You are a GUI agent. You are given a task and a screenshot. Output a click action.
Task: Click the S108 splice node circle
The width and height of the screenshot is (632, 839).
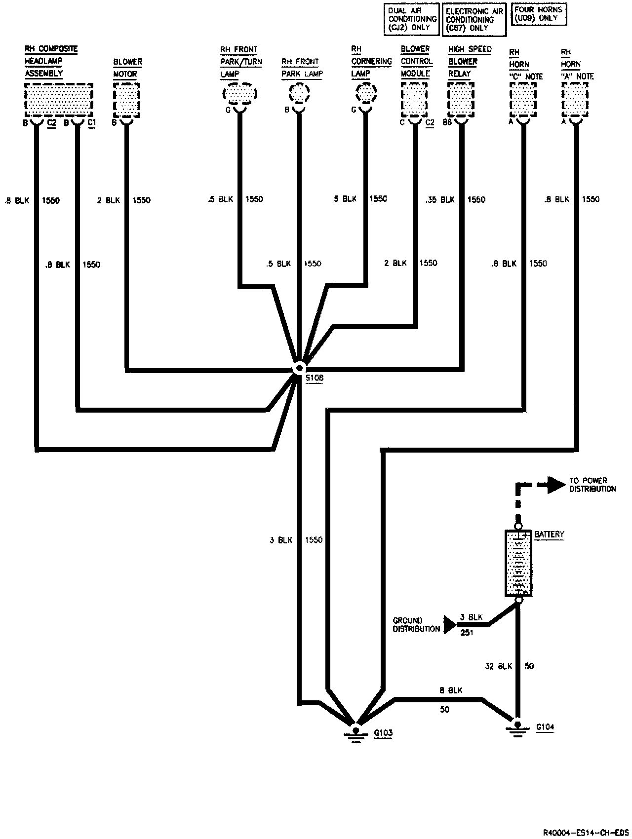point(299,369)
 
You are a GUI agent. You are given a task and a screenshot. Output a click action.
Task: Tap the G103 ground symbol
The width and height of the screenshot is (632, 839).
point(355,731)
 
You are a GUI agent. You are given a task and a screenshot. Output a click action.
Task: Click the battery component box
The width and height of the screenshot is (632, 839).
point(518,563)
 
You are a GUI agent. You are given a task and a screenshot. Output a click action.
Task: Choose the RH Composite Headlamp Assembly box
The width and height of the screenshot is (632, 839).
point(58,99)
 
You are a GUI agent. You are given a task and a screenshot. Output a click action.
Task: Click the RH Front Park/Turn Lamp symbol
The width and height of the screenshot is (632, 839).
point(239,93)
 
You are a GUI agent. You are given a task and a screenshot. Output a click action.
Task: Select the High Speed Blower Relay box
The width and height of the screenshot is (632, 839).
point(461,98)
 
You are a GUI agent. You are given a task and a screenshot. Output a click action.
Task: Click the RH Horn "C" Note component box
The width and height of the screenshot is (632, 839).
point(523,98)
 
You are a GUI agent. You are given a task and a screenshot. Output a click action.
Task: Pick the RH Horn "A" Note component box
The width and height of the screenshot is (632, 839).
point(575,98)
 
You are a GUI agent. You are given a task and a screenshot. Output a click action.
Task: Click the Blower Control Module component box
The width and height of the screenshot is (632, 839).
point(414,98)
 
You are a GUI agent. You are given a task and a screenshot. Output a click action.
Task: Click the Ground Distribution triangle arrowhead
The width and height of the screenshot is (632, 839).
point(450,624)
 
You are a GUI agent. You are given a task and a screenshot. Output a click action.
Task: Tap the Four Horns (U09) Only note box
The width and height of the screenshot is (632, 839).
point(538,14)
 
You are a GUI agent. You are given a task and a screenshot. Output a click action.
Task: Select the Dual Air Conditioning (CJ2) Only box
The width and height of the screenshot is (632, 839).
point(412,19)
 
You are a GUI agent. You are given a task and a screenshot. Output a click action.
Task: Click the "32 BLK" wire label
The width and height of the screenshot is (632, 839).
point(498,666)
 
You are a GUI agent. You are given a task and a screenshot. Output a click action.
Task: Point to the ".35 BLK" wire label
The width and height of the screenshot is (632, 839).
point(440,200)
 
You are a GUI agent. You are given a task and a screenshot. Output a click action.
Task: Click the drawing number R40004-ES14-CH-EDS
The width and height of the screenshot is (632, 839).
point(586,832)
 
